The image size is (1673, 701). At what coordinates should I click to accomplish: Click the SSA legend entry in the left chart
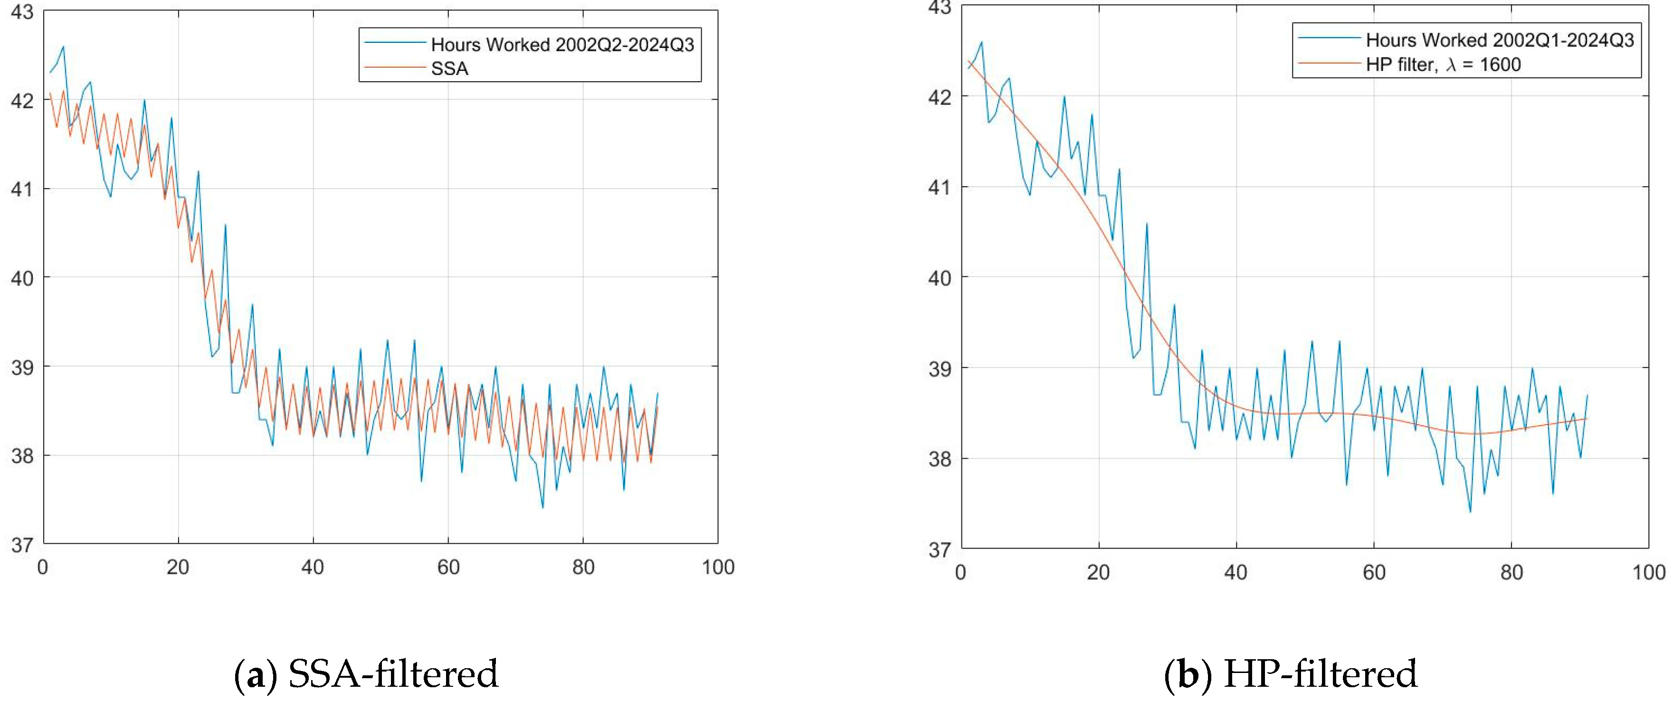[449, 68]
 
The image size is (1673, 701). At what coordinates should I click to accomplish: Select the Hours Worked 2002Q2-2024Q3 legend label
[562, 44]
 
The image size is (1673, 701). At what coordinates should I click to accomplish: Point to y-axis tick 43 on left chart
[21, 12]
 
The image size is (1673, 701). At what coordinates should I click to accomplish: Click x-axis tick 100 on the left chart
[718, 567]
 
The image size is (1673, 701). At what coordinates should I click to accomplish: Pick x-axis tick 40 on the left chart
[313, 567]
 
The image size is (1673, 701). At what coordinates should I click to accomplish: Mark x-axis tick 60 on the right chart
[1374, 572]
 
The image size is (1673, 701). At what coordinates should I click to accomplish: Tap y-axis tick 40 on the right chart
[939, 278]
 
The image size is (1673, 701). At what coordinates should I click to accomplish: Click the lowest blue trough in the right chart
[1470, 512]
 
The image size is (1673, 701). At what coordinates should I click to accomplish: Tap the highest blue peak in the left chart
[63, 47]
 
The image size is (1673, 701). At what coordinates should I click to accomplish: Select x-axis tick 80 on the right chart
[1511, 572]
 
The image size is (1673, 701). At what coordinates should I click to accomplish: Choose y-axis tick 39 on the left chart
[21, 367]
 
